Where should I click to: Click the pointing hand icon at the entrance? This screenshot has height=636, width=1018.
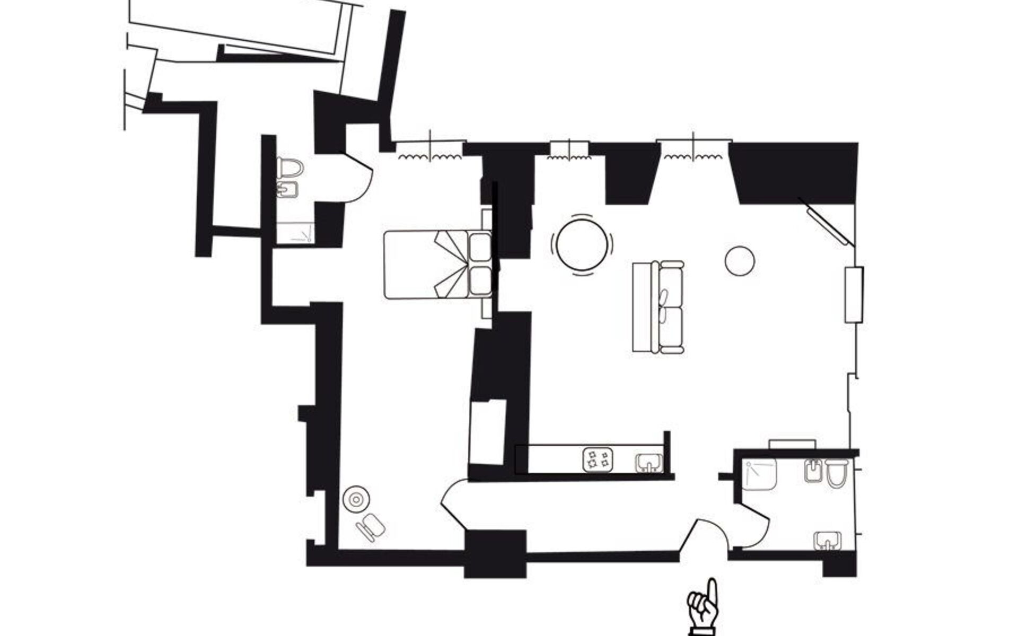pos(704,607)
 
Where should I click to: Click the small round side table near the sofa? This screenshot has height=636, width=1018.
pos(739,261)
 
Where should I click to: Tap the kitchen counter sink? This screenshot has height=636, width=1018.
pos(649,462)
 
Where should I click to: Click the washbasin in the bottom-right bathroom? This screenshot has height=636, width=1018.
pos(827,541)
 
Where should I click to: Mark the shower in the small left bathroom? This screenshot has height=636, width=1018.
pos(295,233)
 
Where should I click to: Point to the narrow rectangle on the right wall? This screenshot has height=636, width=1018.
pos(854,295)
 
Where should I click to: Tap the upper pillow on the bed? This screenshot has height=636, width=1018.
pos(480,247)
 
